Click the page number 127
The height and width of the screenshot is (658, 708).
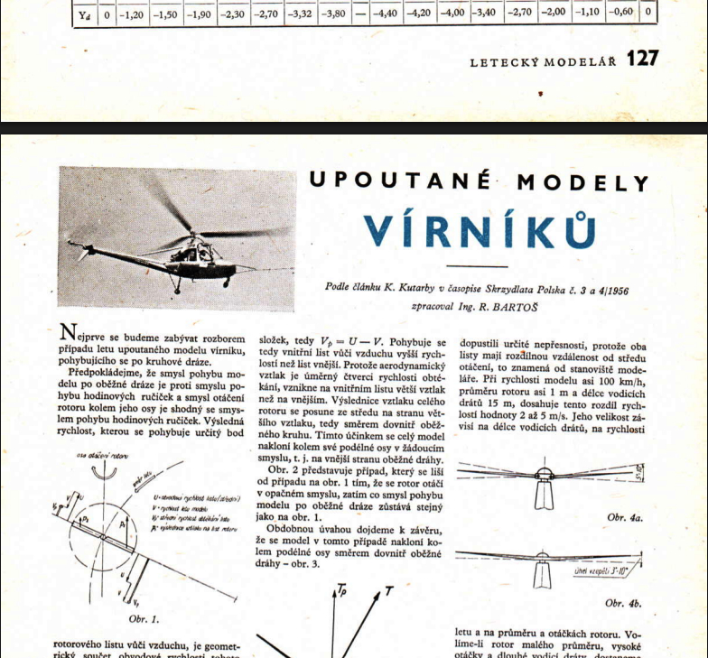[643, 59]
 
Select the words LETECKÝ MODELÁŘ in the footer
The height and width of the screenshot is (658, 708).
[543, 61]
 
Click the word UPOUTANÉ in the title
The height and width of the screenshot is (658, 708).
[400, 181]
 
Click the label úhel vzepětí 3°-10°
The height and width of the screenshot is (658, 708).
[600, 571]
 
